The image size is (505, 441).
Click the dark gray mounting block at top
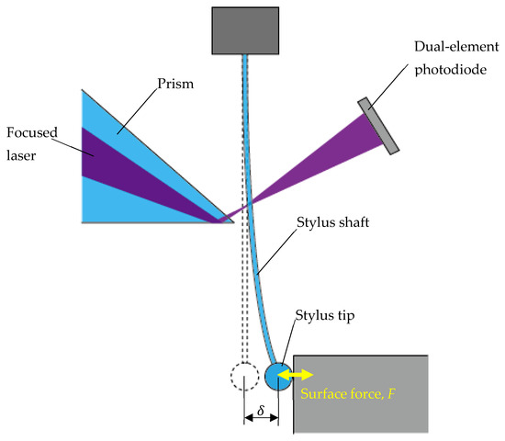click(x=246, y=29)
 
